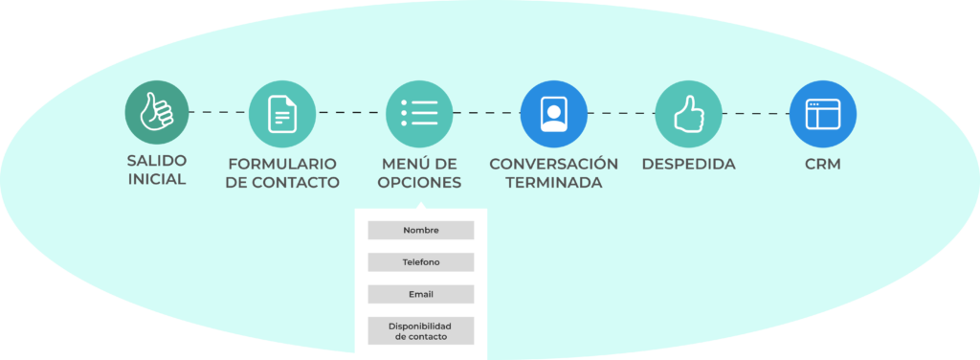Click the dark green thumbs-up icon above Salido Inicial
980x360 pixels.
[x=156, y=113]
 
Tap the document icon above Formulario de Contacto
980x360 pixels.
[x=282, y=114]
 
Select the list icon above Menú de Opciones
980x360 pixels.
[x=419, y=114]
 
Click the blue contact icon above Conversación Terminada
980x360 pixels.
[x=554, y=114]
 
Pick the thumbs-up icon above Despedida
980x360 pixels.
[x=688, y=114]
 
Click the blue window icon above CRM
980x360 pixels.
[x=822, y=114]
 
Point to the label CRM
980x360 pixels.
[x=822, y=164]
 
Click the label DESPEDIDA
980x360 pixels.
[x=688, y=164]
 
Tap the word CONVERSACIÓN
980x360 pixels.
[x=554, y=164]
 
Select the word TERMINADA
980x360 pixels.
[x=554, y=183]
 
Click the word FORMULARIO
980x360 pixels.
[x=282, y=164]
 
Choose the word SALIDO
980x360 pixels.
[x=156, y=160]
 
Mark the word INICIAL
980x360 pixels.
[x=156, y=179]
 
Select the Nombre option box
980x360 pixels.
[x=421, y=230]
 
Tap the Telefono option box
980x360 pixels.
[x=421, y=262]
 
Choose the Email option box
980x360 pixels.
[x=421, y=294]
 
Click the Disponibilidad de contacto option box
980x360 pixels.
[x=421, y=330]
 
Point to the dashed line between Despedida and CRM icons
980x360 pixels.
[x=756, y=114]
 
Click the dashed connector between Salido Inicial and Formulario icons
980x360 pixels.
[x=219, y=113]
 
